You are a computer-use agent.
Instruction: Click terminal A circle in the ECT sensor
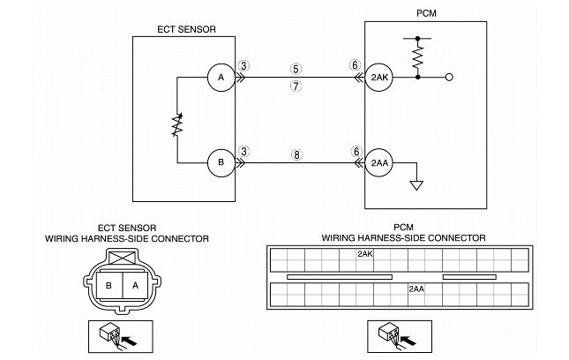pyautogui.click(x=221, y=78)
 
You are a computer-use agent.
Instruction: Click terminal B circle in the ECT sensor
pyautogui.click(x=221, y=163)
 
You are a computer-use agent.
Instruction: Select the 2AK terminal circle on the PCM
pyautogui.click(x=379, y=78)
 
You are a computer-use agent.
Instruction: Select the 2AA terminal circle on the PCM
pyautogui.click(x=379, y=163)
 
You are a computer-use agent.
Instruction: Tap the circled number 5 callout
pyautogui.click(x=296, y=69)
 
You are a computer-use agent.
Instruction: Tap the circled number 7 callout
pyautogui.click(x=296, y=86)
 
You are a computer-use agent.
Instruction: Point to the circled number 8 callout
pyautogui.click(x=296, y=154)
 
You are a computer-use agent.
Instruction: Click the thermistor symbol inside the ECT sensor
pyautogui.click(x=177, y=125)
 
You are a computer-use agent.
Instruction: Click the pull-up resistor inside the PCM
pyautogui.click(x=418, y=57)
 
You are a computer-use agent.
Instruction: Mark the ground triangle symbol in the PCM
pyautogui.click(x=416, y=185)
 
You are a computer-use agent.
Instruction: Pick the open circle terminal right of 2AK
pyautogui.click(x=449, y=78)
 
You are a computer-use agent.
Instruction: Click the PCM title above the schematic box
pyautogui.click(x=426, y=13)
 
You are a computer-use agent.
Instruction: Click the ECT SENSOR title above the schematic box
pyautogui.click(x=186, y=29)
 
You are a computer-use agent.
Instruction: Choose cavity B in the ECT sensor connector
pyautogui.click(x=109, y=286)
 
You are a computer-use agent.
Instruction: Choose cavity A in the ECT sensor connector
pyautogui.click(x=135, y=286)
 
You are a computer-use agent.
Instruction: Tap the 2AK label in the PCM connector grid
pyautogui.click(x=365, y=253)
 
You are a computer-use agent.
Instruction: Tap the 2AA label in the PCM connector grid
pyautogui.click(x=416, y=289)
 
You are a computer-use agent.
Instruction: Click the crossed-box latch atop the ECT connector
pyautogui.click(x=123, y=258)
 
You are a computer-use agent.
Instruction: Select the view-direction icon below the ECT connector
pyautogui.click(x=121, y=336)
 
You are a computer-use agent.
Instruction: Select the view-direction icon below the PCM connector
pyautogui.click(x=400, y=336)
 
